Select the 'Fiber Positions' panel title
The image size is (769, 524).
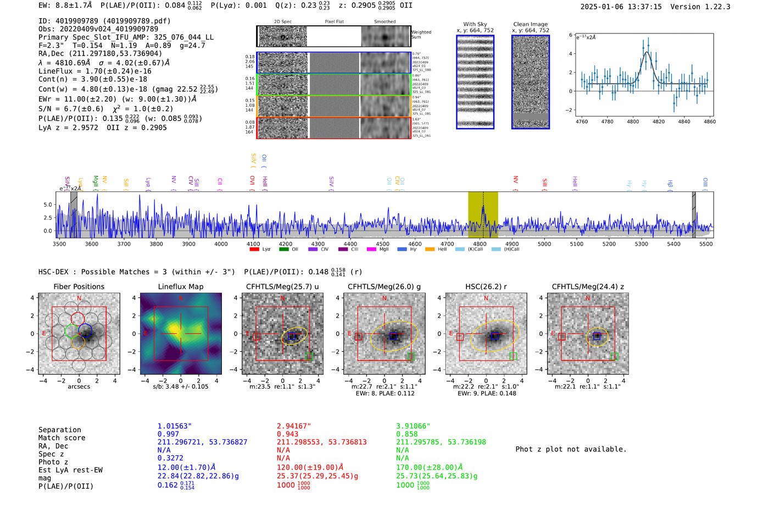tap(79, 286)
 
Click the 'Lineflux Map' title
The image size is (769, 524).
tap(180, 286)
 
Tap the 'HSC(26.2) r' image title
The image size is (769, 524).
tap(486, 286)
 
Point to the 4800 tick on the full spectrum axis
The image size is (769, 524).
tap(480, 244)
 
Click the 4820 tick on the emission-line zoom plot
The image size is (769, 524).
tap(658, 122)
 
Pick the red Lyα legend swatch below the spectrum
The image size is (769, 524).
tap(254, 249)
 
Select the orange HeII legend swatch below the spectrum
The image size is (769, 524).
tap(430, 249)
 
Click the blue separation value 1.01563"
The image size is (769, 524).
tap(174, 426)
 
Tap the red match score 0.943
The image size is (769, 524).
tap(287, 434)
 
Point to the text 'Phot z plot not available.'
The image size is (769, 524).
tap(571, 449)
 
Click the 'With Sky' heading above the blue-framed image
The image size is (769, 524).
tap(475, 24)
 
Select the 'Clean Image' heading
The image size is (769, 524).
tap(530, 24)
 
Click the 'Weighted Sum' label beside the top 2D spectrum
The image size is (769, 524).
tap(421, 35)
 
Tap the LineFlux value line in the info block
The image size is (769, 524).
tap(94, 71)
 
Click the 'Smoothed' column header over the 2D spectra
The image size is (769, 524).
tap(384, 21)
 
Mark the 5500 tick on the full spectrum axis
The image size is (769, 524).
tap(706, 244)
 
